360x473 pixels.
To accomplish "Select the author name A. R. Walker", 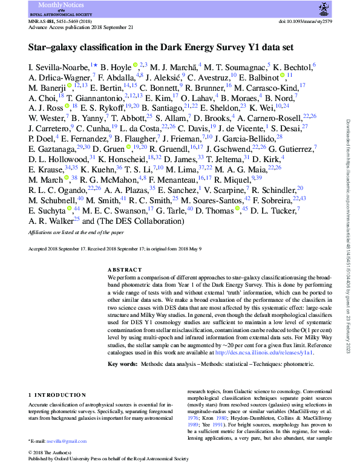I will point(51,221).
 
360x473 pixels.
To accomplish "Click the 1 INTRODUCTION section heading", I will point(59,395).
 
